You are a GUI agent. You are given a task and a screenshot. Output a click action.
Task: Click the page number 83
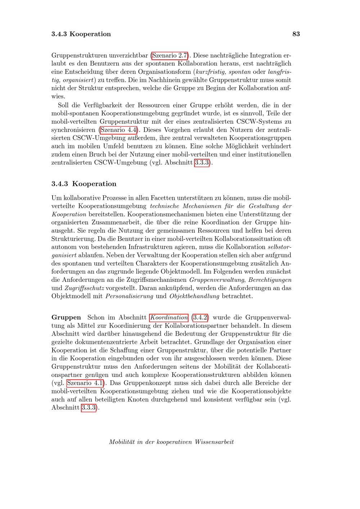(296, 34)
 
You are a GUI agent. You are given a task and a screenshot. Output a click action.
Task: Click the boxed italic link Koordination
(169, 317)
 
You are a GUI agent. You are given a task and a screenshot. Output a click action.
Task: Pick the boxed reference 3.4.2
(201, 317)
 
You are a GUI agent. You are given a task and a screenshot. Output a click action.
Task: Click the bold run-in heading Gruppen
(66, 317)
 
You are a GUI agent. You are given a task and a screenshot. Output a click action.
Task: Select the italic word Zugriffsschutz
(85, 288)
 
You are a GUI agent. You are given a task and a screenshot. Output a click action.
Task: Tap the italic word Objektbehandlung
(194, 297)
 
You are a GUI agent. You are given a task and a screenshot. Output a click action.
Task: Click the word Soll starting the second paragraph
(64, 105)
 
